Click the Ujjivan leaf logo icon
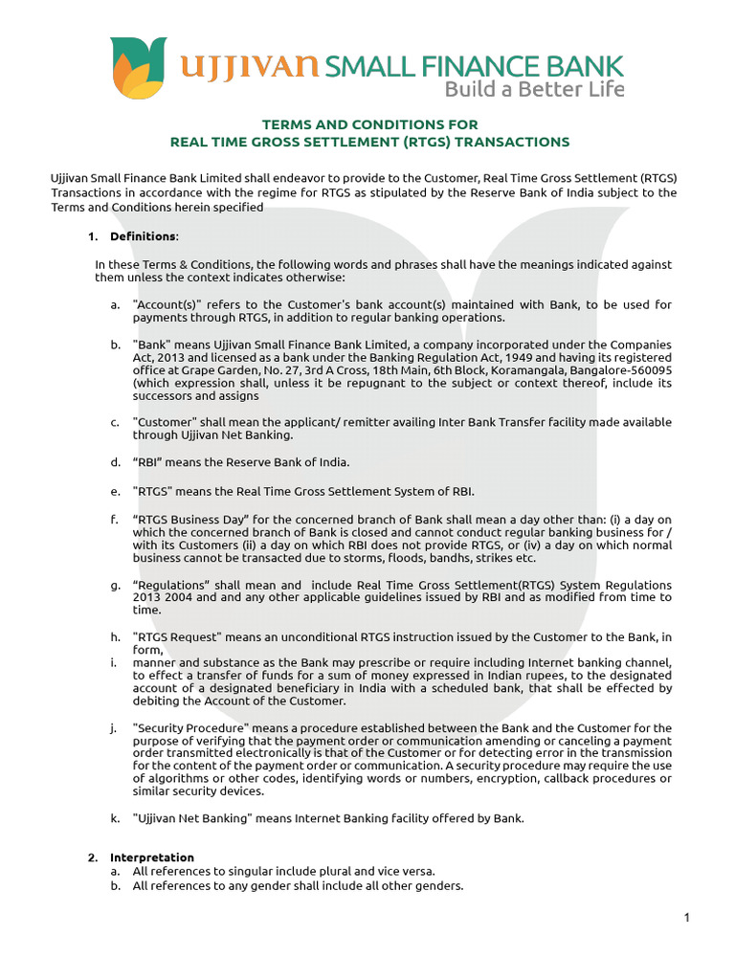click(x=138, y=68)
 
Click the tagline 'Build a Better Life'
click(x=534, y=90)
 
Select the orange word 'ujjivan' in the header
click(x=251, y=66)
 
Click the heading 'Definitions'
click(x=143, y=236)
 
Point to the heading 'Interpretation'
click(x=151, y=857)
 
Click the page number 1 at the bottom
click(x=686, y=919)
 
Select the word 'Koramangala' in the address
click(x=541, y=369)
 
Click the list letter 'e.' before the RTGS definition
click(x=115, y=492)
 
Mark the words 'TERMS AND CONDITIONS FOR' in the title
click(x=369, y=124)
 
